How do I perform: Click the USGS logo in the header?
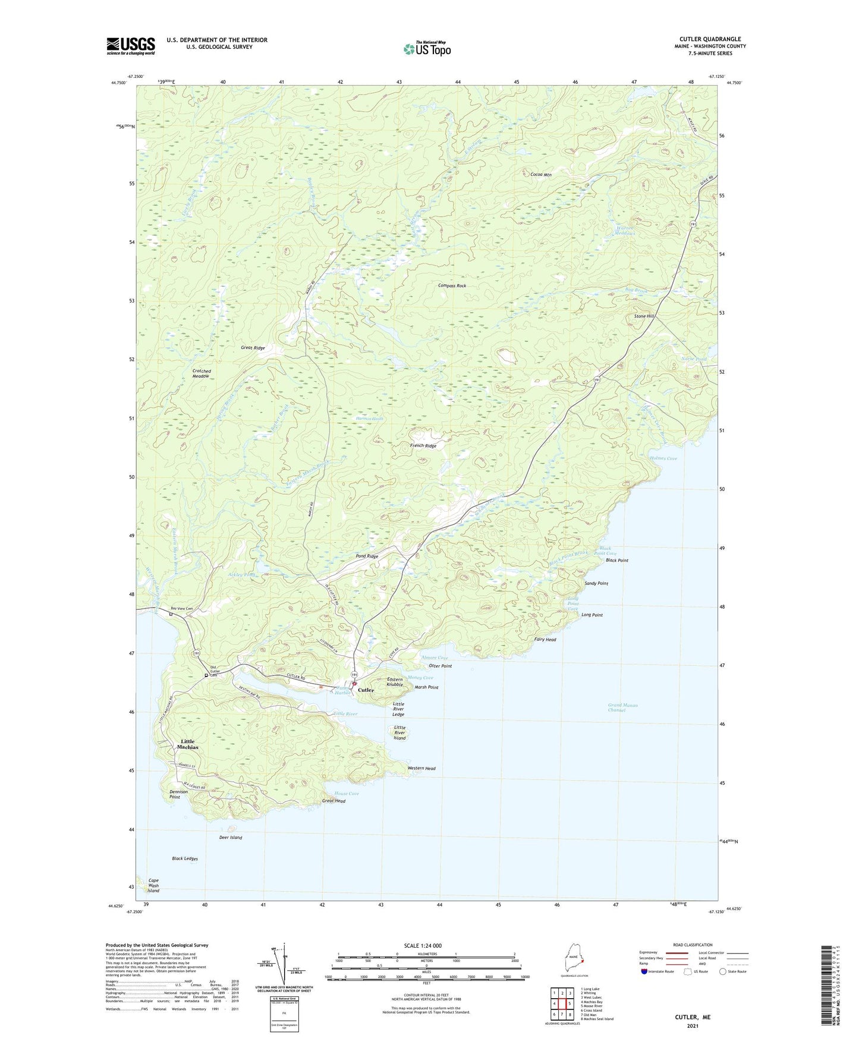tap(131, 46)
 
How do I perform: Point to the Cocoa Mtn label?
tap(541, 175)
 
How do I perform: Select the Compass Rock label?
tap(452, 286)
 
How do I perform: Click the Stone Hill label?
tap(644, 316)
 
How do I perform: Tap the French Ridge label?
tap(423, 446)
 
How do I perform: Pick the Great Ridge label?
tap(253, 348)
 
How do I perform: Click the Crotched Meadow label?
tap(201, 374)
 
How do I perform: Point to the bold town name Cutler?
tap(366, 690)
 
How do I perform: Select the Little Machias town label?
tap(188, 744)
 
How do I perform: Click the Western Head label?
tap(421, 769)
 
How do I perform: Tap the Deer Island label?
tap(231, 838)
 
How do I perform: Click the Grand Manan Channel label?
tap(622, 707)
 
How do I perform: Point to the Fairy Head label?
tap(545, 640)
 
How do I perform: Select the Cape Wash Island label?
tap(153, 886)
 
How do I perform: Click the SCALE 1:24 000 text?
tap(422, 946)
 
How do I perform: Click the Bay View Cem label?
tap(182, 609)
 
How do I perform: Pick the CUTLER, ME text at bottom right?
tap(693, 1017)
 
